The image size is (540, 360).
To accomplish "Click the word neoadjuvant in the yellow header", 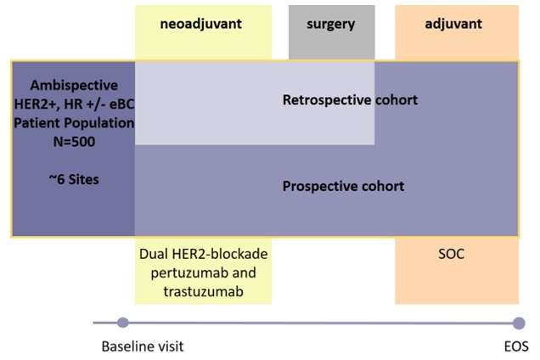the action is pyautogui.click(x=200, y=24).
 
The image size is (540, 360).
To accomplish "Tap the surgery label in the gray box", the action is pyautogui.click(x=330, y=25).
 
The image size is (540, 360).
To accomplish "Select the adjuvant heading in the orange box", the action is pyautogui.click(x=453, y=24).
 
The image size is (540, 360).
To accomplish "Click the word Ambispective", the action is pyautogui.click(x=74, y=86).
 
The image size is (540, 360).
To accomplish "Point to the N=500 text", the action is pyautogui.click(x=74, y=142).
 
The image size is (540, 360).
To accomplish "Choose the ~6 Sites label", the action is pyautogui.click(x=74, y=179).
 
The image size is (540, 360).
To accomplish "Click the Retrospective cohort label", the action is pyautogui.click(x=350, y=100).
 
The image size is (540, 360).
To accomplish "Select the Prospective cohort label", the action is pyautogui.click(x=343, y=187).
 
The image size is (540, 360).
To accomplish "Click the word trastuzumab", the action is pyautogui.click(x=203, y=291).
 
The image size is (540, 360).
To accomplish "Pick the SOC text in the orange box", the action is pyautogui.click(x=451, y=254).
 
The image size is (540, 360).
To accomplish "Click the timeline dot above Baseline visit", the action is pyautogui.click(x=123, y=323).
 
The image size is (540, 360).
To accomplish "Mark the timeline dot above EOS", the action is pyautogui.click(x=519, y=323).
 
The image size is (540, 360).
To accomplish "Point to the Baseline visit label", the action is pyautogui.click(x=143, y=346).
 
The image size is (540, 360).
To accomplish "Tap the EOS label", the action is pyautogui.click(x=516, y=346).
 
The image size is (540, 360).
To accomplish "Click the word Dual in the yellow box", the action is pyautogui.click(x=154, y=254).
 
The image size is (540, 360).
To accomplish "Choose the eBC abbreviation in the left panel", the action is pyautogui.click(x=122, y=104).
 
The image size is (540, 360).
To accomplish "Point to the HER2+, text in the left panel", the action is pyautogui.click(x=37, y=104).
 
